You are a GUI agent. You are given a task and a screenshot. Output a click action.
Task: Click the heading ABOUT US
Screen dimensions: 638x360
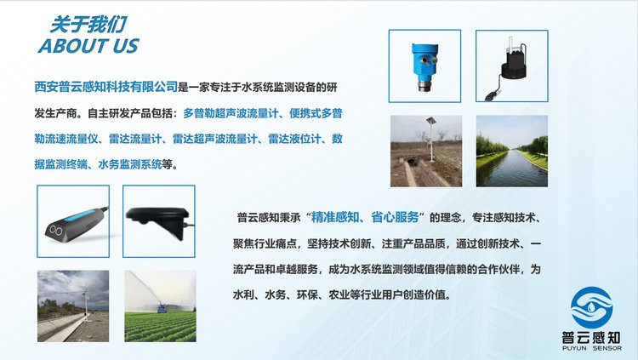click(x=88, y=46)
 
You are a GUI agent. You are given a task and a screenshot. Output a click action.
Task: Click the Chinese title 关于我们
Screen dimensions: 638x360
click(x=88, y=25)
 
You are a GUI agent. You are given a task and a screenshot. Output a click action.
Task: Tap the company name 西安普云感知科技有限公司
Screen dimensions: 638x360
click(x=105, y=87)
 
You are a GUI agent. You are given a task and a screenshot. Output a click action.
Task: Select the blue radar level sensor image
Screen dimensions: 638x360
click(x=424, y=66)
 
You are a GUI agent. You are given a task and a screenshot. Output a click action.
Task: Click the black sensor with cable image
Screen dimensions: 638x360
click(x=512, y=66)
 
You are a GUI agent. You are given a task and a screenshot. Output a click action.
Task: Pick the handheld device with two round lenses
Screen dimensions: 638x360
click(x=73, y=221)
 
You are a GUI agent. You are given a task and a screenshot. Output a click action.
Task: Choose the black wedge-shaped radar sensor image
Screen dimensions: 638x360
click(x=159, y=221)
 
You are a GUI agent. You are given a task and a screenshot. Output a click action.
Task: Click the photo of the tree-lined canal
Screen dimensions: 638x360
click(x=512, y=151)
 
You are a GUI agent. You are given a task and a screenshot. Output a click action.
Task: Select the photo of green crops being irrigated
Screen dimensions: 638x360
click(x=160, y=306)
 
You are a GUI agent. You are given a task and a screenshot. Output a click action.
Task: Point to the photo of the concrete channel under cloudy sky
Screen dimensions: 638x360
click(x=73, y=306)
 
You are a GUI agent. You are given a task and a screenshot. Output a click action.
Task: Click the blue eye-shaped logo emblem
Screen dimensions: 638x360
click(x=591, y=307)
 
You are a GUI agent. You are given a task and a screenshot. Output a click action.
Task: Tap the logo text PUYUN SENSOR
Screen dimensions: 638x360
click(x=592, y=348)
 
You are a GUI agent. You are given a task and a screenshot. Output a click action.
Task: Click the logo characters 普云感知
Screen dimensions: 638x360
click(x=591, y=338)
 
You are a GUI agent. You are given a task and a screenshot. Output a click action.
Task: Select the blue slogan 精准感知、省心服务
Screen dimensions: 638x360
click(x=365, y=217)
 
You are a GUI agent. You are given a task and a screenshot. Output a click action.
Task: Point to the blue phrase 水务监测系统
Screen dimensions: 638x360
click(x=130, y=164)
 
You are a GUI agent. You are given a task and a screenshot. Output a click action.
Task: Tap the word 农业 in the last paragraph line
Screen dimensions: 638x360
click(x=339, y=294)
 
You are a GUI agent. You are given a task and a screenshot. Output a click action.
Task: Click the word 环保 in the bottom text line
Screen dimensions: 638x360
click(x=307, y=294)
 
